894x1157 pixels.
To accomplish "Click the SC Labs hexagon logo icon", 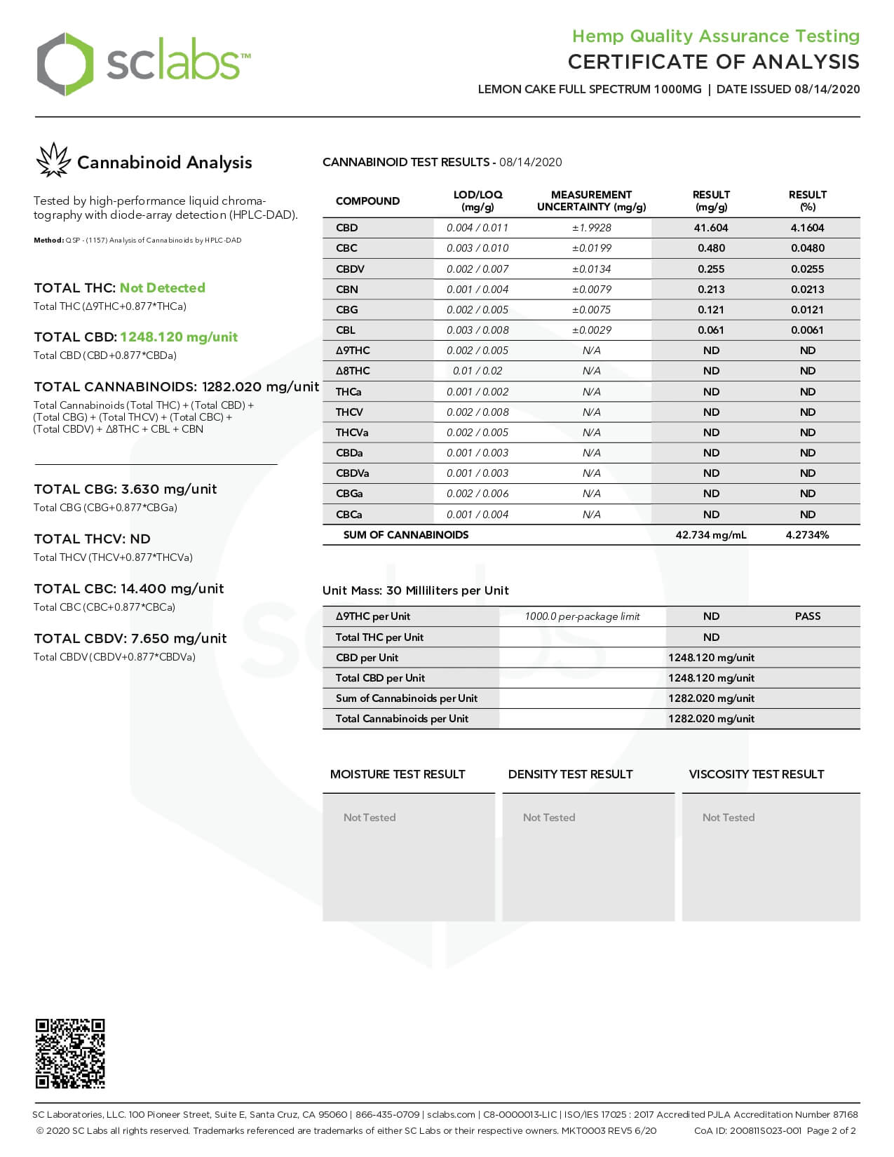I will [65, 64].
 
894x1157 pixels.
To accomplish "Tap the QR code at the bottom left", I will [70, 1053].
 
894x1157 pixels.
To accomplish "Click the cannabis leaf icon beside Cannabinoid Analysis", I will [53, 161].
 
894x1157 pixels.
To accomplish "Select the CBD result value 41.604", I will [711, 228].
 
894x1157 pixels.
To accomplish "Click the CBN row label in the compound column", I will [346, 290].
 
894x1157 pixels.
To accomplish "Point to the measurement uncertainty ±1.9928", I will [591, 228].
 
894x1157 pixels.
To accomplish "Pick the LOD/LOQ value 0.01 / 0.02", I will [478, 371].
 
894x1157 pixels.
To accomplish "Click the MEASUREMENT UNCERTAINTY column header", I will [591, 201].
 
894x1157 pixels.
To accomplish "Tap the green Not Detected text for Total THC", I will [162, 288].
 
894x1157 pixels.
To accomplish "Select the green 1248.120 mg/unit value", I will [178, 337].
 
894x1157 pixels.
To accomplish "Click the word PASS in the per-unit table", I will [807, 616].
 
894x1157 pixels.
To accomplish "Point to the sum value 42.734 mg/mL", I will [710, 535].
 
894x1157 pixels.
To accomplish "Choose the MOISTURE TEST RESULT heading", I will [398, 774].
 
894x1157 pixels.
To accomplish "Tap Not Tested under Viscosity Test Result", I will [729, 818].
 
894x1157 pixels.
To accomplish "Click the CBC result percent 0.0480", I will [807, 248].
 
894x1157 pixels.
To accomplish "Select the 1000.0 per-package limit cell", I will [582, 616].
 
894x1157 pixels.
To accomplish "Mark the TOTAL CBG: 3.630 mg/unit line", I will [126, 489].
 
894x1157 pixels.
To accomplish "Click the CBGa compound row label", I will [349, 494].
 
